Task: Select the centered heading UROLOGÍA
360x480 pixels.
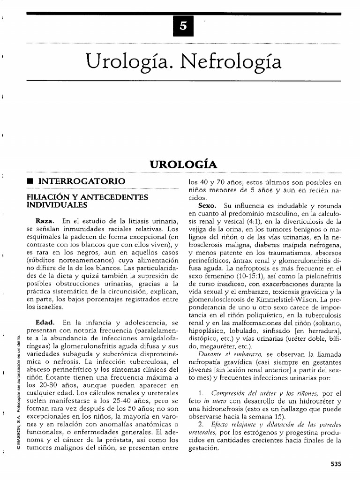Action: [x=183, y=165]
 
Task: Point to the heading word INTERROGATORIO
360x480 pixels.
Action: [x=82, y=181]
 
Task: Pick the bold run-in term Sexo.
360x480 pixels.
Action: [x=207, y=206]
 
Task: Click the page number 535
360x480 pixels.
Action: [x=335, y=464]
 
